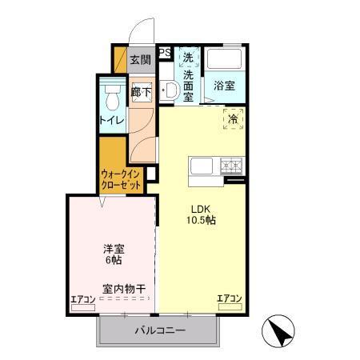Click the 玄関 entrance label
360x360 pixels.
tap(141, 60)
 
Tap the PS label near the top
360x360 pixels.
tap(165, 54)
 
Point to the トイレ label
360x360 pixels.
tap(111, 121)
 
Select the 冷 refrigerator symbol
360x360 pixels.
tap(233, 120)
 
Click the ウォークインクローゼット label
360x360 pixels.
tap(122, 178)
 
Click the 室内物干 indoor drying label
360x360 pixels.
tap(123, 288)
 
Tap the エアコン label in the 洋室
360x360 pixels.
tap(82, 300)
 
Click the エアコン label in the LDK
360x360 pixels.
tap(230, 299)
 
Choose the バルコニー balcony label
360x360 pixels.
tap(160, 330)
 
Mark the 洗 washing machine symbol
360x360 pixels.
tap(188, 58)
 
